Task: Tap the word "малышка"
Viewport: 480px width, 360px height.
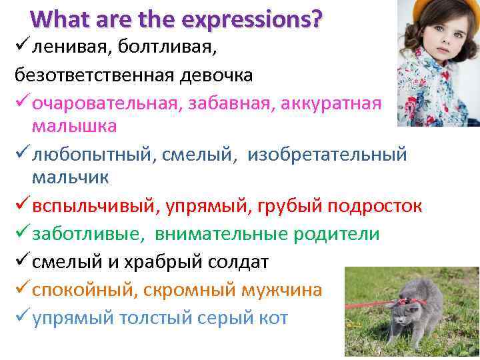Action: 73,126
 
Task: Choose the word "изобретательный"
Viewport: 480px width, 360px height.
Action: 327,155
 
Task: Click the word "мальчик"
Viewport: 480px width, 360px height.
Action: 71,178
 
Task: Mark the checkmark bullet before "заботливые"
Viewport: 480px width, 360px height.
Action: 21,234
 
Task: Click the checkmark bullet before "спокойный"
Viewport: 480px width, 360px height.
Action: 21,290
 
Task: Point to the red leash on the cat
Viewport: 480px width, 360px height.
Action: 373,304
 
